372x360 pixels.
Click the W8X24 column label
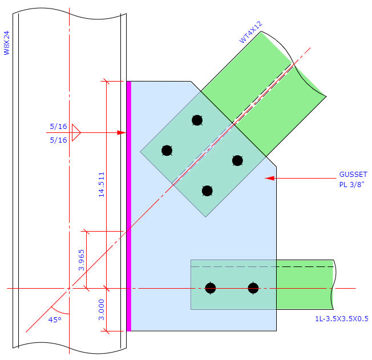pyautogui.click(x=7, y=43)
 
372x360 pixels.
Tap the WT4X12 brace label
pyautogui.click(x=250, y=33)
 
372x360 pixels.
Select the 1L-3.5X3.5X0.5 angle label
pyautogui.click(x=342, y=319)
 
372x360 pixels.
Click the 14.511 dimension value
pyautogui.click(x=102, y=184)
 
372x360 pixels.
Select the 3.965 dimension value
pyautogui.click(x=81, y=260)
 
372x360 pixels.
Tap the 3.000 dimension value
pyautogui.click(x=102, y=310)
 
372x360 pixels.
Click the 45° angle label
pyautogui.click(x=54, y=320)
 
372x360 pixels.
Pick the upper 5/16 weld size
pyautogui.click(x=58, y=126)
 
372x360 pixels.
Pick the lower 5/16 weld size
pyautogui.click(x=58, y=140)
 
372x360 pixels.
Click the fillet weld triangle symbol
pyautogui.click(x=76, y=133)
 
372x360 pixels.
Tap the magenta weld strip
pyautogui.click(x=128, y=205)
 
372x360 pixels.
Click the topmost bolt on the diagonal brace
pyautogui.click(x=197, y=120)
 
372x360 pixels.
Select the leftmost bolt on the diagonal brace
pyautogui.click(x=167, y=151)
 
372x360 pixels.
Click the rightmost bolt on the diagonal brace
pyautogui.click(x=238, y=160)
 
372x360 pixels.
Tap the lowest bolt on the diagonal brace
pyautogui.click(x=208, y=191)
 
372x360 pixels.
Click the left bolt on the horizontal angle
pyautogui.click(x=211, y=288)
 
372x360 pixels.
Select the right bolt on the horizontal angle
pyautogui.click(x=253, y=288)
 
